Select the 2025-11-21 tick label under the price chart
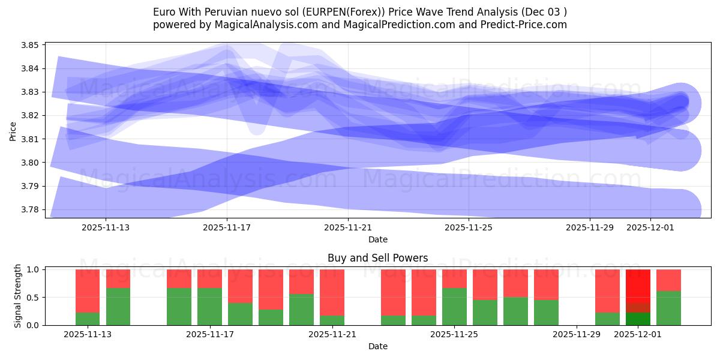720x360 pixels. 348,227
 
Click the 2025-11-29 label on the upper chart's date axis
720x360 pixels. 590,227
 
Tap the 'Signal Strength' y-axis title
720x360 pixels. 18,296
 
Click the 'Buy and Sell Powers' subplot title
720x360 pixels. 377,258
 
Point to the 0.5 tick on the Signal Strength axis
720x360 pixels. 34,298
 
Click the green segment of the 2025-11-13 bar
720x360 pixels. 88,319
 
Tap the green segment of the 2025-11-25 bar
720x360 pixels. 454,307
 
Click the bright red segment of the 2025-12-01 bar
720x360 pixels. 638,286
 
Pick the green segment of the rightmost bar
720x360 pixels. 668,308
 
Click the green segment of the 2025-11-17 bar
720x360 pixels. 209,307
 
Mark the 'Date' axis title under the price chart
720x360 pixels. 377,239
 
